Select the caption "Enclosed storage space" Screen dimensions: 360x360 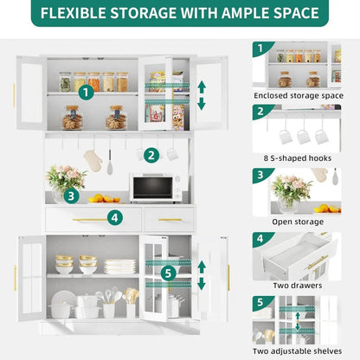(297, 95)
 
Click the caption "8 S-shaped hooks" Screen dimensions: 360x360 (297, 157)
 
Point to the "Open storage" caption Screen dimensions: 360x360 (297, 222)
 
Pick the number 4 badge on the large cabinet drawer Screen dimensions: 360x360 (112, 217)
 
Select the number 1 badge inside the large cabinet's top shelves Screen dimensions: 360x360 (85, 91)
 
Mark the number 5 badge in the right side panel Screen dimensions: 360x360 (260, 303)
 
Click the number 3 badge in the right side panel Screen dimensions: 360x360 (260, 175)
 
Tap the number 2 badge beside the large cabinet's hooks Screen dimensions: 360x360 (151, 155)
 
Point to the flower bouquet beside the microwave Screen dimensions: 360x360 (66, 180)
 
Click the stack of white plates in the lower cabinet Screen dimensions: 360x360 (119, 267)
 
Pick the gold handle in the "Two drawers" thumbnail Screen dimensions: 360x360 (317, 261)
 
